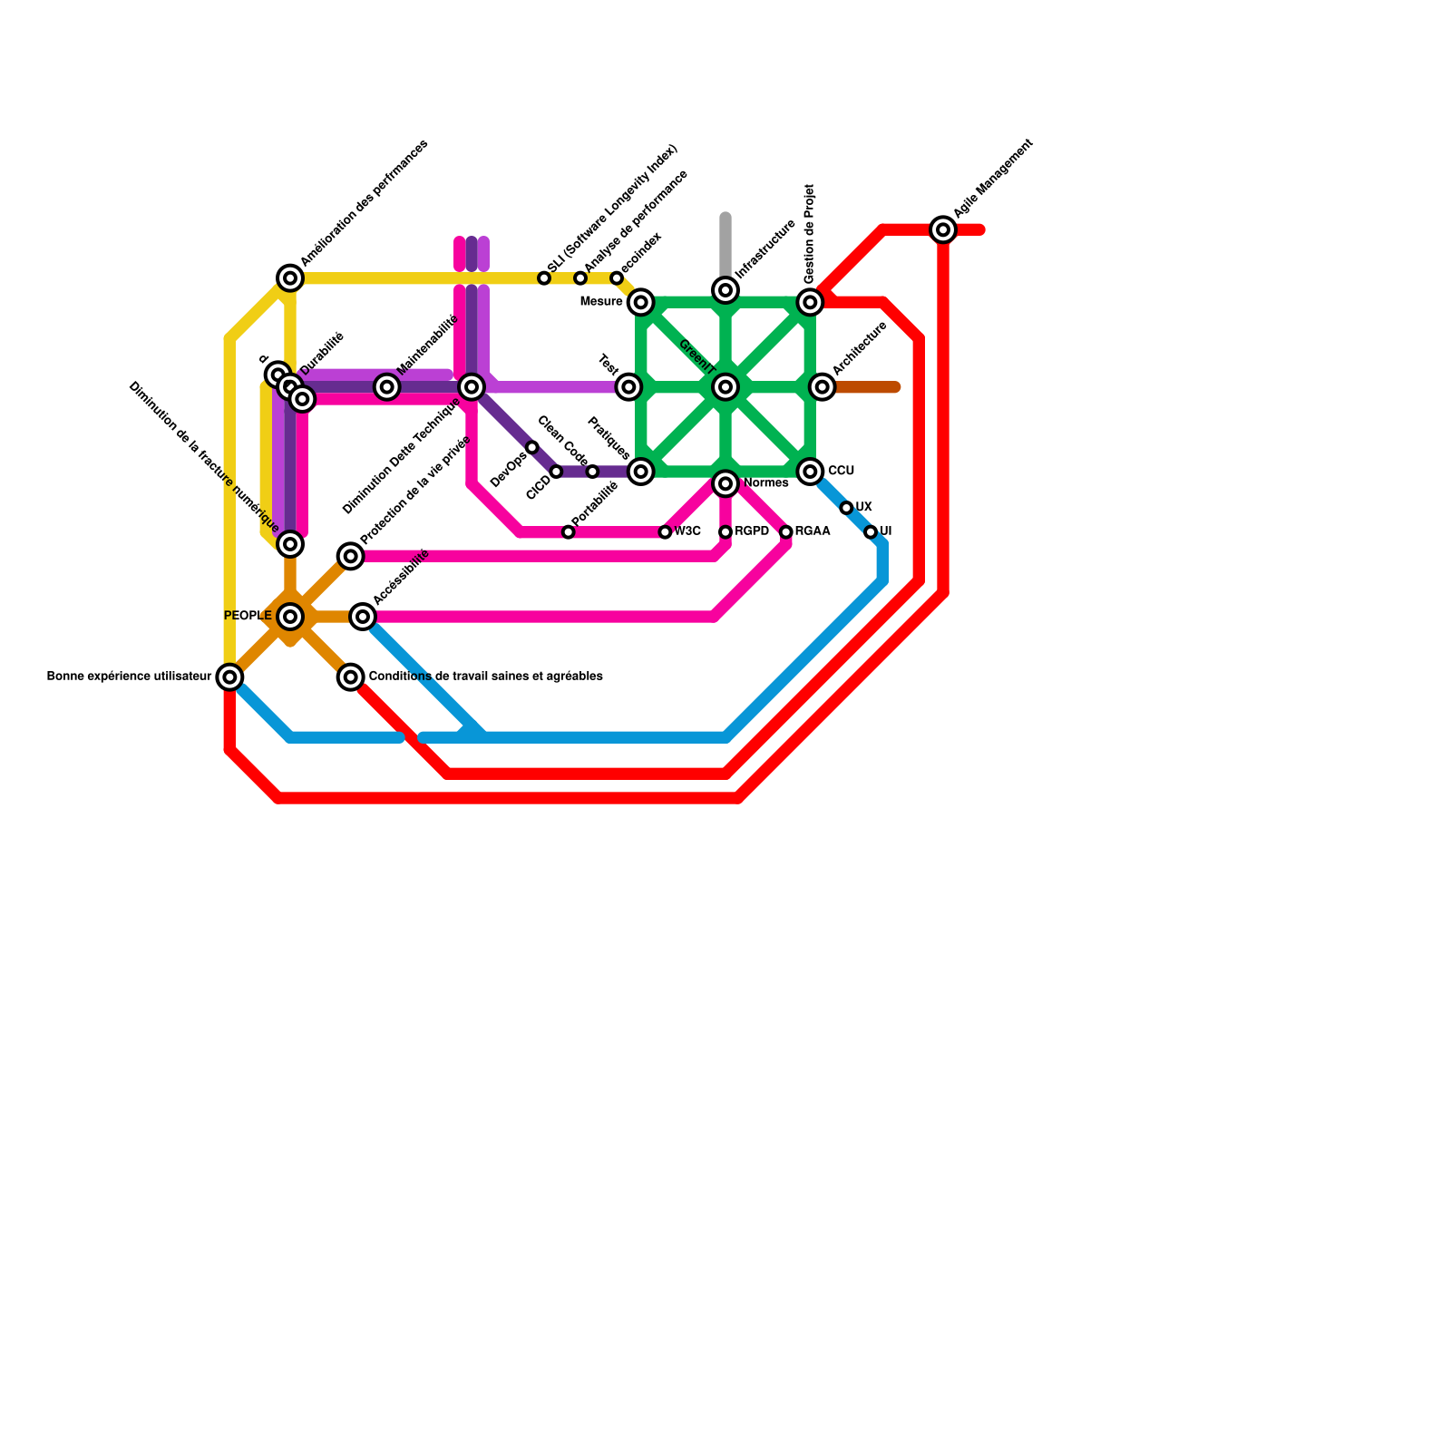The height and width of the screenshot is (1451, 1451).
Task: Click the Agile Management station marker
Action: tap(943, 230)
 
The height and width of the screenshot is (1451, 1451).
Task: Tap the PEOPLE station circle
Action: tap(290, 617)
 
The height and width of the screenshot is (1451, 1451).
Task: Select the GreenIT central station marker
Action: tap(725, 387)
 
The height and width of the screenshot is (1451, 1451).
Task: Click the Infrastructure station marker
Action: tap(725, 290)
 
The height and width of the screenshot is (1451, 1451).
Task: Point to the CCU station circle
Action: tap(810, 472)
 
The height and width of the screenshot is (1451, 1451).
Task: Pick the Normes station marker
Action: tap(725, 484)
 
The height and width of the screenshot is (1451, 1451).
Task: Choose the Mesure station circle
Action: tap(641, 302)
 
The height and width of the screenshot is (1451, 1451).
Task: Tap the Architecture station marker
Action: tap(823, 387)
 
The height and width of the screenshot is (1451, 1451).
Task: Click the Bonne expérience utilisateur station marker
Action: tap(230, 677)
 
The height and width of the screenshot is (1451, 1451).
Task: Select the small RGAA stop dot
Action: tap(786, 532)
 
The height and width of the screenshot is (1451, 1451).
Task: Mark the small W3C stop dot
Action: tap(666, 532)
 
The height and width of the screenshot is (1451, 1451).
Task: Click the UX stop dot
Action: tap(846, 508)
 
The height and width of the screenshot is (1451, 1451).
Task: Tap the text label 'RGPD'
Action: tap(752, 531)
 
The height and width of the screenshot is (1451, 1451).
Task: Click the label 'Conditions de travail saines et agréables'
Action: tap(486, 677)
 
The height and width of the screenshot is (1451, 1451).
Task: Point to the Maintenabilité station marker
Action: tap(387, 387)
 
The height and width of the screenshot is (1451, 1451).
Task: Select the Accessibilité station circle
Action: tap(363, 617)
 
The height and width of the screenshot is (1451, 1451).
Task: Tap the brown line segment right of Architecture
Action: tap(866, 387)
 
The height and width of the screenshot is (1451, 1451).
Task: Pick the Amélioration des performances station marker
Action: tap(290, 278)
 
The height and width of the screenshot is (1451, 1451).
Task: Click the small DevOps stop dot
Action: tap(532, 448)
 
